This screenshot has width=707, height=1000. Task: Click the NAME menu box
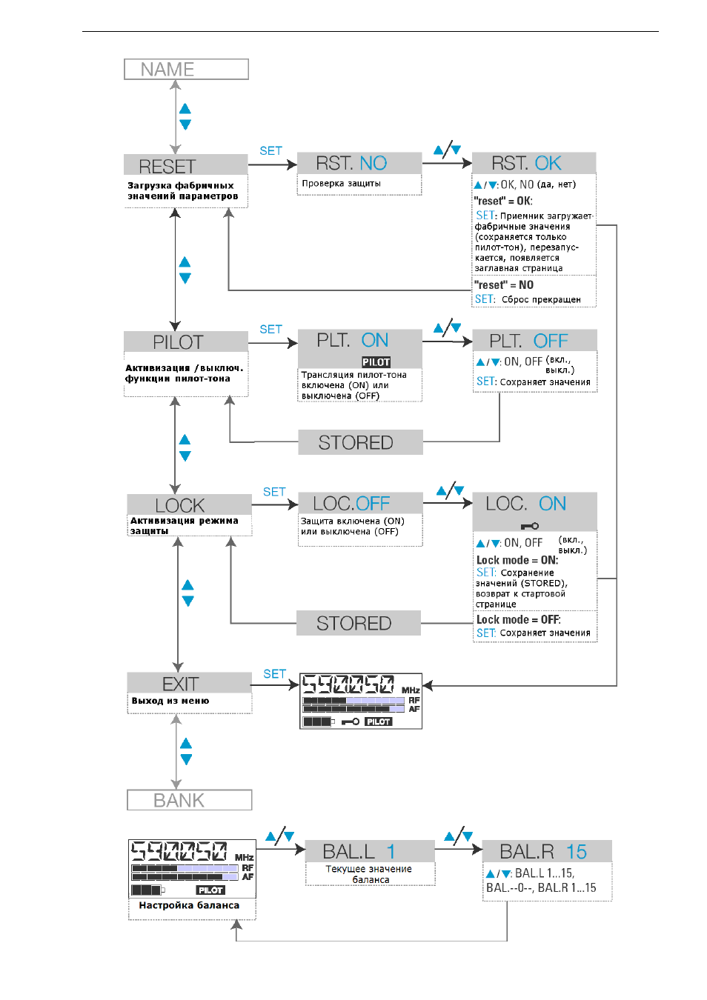coord(186,69)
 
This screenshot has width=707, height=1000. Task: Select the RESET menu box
coord(186,164)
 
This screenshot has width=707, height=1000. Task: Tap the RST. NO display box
coord(359,163)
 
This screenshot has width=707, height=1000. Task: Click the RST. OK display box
coord(534,163)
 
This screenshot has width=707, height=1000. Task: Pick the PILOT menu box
coord(186,341)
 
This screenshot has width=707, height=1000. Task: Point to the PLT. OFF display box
coord(535,340)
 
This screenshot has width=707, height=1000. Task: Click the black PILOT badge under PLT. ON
coord(376,362)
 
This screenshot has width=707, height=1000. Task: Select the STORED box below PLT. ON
coord(360,442)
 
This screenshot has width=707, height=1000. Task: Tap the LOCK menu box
coord(190,504)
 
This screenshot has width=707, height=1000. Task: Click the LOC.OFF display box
coord(360,503)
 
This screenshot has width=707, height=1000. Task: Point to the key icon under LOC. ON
coord(530,527)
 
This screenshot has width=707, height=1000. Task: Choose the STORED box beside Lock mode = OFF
coord(359,623)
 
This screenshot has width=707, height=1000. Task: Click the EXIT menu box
coord(190,682)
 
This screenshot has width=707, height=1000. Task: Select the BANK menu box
coord(190,800)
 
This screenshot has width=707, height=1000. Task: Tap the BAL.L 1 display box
coord(370,851)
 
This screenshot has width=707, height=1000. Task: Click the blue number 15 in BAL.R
coord(576,852)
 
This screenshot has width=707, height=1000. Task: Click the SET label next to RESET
coord(270,151)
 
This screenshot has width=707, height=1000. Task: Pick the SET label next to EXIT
coord(274,673)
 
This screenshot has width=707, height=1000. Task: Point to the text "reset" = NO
coord(504,285)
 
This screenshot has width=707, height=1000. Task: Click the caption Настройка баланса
coord(189,905)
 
